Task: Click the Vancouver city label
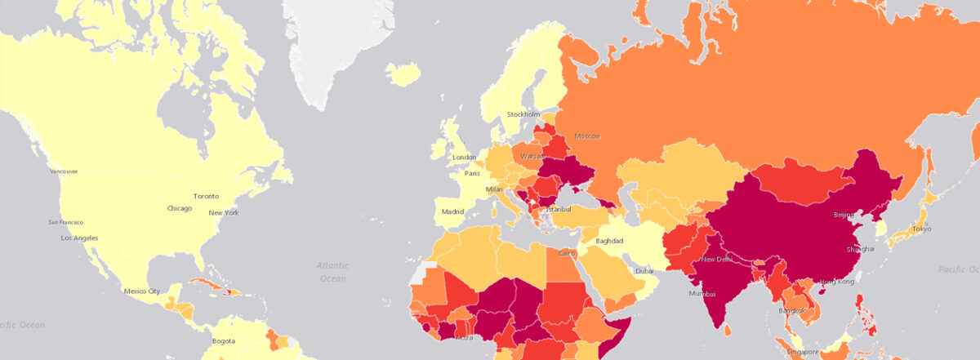[x=64, y=171]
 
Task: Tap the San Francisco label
[x=65, y=222]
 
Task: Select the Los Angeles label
[x=79, y=238]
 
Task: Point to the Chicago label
[x=180, y=208]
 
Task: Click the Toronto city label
[x=206, y=196]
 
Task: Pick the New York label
[x=223, y=213]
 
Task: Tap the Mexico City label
[x=140, y=291]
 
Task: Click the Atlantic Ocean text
[x=332, y=272]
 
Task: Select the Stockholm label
[x=523, y=114]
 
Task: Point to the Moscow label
[x=587, y=136]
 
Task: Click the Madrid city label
[x=453, y=211]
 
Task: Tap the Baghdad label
[x=609, y=241]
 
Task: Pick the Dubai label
[x=645, y=271]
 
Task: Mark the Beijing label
[x=844, y=215]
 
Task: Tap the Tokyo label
[x=921, y=229]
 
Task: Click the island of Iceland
[x=402, y=74]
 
